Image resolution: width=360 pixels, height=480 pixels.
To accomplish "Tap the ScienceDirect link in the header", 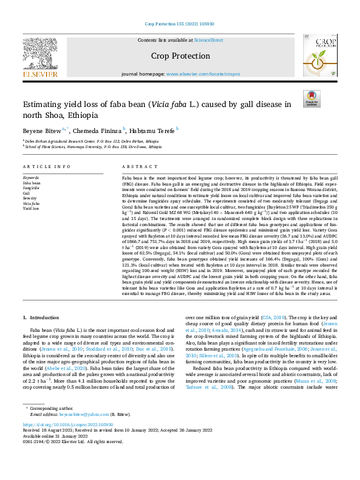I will pyautogui.click(x=208, y=40).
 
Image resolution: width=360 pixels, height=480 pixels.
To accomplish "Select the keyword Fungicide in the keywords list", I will pyautogui.click(x=31, y=189).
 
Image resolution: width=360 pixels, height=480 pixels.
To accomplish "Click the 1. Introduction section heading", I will pyautogui.click(x=42, y=317).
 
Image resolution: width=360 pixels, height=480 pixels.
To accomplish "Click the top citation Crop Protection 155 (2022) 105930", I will pyautogui.click(x=180, y=25).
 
